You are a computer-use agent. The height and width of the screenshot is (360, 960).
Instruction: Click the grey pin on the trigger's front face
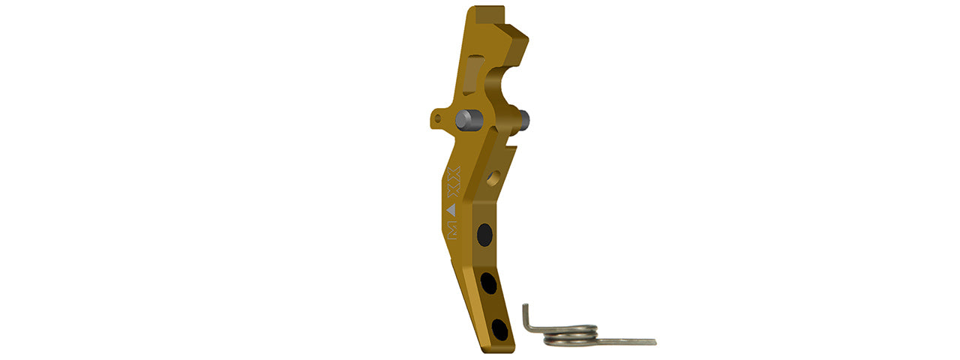pos(469,118)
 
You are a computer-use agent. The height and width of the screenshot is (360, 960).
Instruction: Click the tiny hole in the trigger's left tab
pos(438,118)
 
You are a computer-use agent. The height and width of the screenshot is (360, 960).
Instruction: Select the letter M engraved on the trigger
pos(453,231)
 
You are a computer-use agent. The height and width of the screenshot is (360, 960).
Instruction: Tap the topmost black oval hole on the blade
pos(484,235)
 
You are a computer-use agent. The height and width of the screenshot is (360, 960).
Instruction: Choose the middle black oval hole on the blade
pos(489,283)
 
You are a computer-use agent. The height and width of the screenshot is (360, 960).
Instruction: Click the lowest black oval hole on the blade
pos(498,329)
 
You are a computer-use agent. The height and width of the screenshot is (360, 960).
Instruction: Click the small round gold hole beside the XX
pos(493,178)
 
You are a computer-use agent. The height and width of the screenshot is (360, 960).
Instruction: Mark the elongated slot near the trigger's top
pos(469,75)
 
